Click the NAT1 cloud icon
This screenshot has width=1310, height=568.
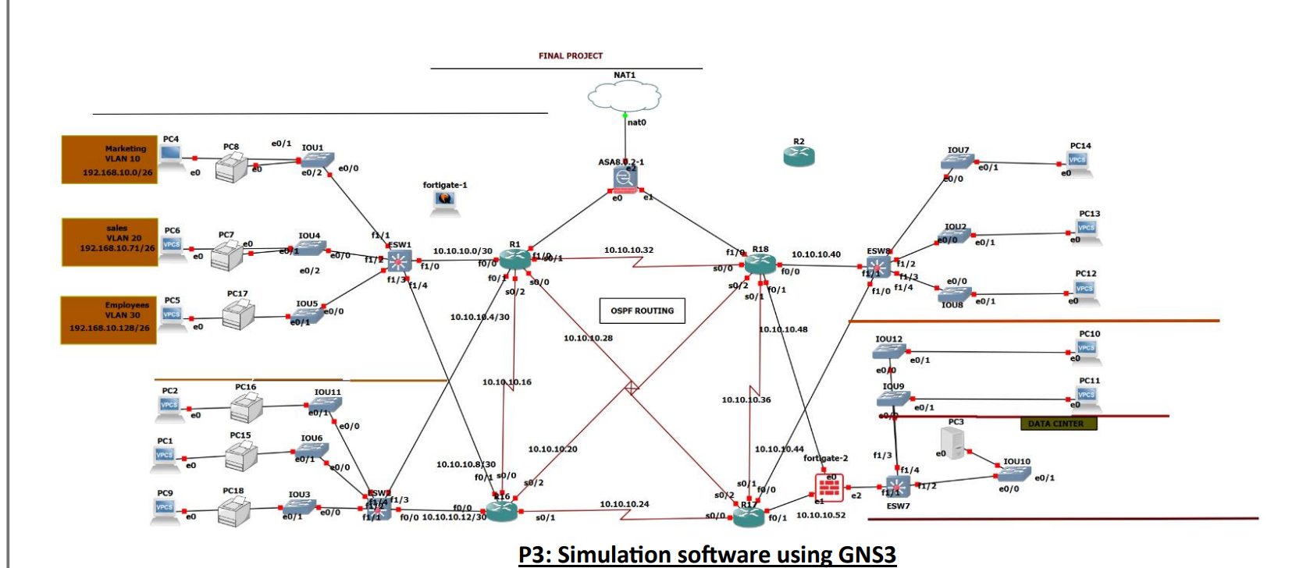coord(624,97)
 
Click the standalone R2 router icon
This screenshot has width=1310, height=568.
coord(799,156)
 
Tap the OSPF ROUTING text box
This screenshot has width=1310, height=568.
coord(642,311)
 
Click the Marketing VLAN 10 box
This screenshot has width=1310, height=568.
coord(110,160)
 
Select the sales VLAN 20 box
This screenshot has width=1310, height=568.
coord(110,242)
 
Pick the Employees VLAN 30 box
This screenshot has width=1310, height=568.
coord(109,320)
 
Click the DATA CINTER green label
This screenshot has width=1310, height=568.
coord(1058,424)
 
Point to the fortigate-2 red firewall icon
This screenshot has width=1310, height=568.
coord(829,488)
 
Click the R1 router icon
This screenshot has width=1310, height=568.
coord(514,261)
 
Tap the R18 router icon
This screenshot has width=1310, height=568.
coord(760,264)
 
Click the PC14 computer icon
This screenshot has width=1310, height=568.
coord(1077,161)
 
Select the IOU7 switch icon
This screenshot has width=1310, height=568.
coord(957,162)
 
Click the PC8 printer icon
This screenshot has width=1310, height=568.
coord(232,166)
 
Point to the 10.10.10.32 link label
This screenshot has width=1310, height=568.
coord(628,250)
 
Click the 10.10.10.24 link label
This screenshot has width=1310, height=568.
coord(624,504)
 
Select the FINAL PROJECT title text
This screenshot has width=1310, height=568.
coord(570,56)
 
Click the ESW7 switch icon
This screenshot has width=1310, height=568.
coord(897,487)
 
